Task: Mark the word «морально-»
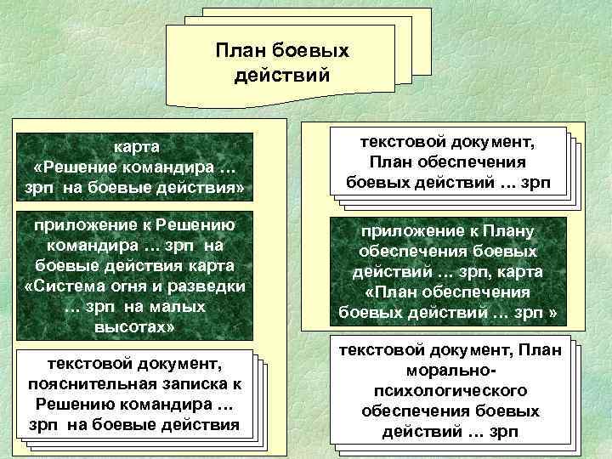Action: point(457,371)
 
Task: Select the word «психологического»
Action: point(457,391)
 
